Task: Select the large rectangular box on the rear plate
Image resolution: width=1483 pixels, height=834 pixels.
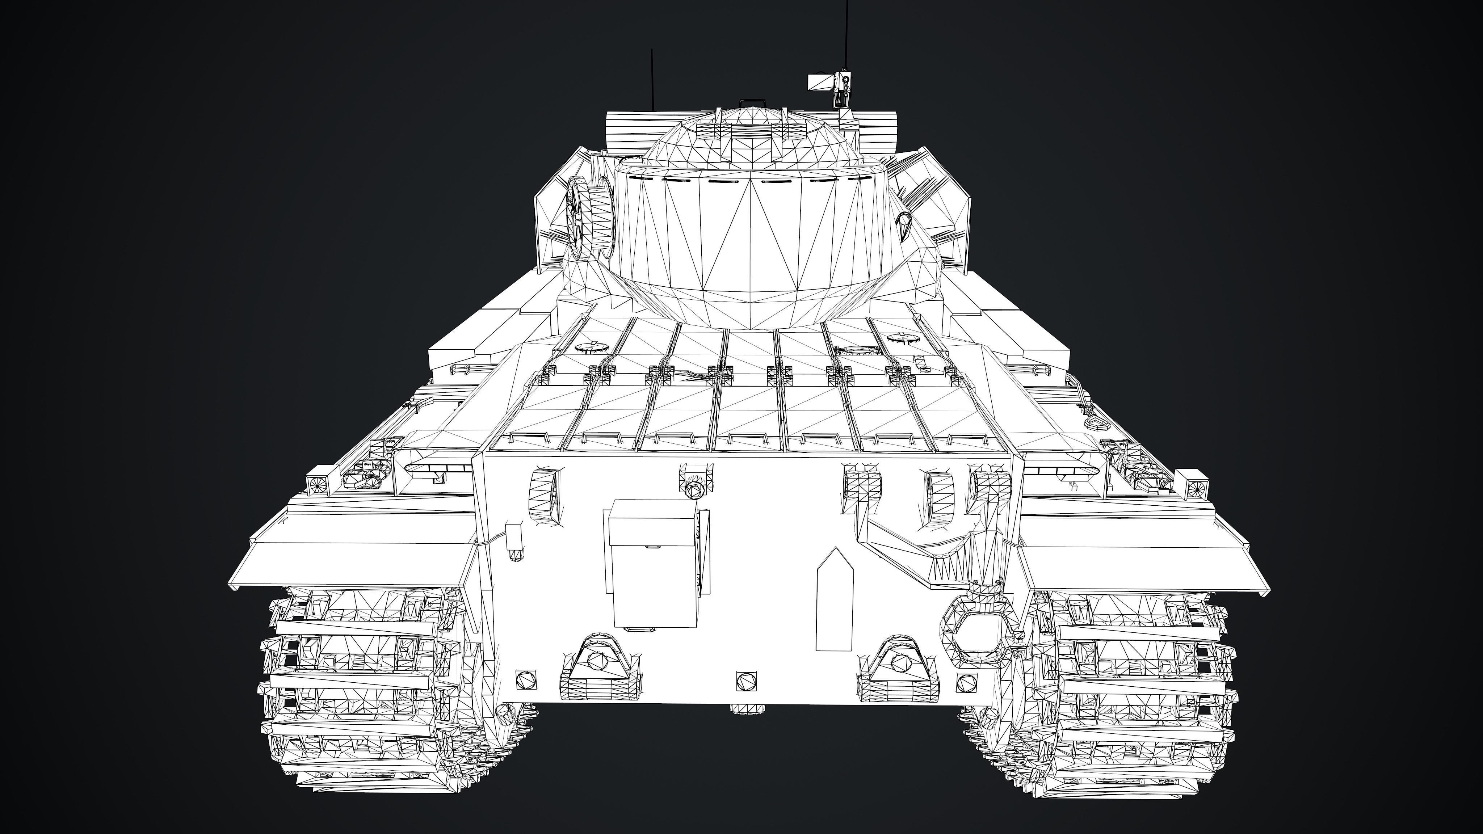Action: pyautogui.click(x=654, y=564)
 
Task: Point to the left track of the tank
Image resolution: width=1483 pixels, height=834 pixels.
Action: pyautogui.click(x=357, y=691)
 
